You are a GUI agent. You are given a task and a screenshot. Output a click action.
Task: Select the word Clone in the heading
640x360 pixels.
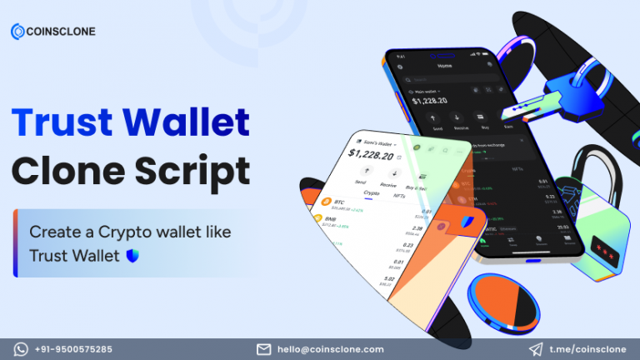(x=67, y=172)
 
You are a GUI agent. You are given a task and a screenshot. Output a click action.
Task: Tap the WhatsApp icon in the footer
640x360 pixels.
(x=22, y=349)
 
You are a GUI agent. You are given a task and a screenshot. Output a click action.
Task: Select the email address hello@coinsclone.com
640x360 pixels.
(x=332, y=349)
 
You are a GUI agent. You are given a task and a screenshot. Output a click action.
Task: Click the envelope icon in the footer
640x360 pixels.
(x=263, y=349)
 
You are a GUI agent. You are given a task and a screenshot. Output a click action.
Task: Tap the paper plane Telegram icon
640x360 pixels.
(x=537, y=349)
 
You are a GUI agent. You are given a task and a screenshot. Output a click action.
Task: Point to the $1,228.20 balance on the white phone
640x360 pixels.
(x=370, y=154)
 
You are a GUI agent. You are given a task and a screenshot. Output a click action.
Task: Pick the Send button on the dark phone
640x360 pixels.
(x=438, y=120)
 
